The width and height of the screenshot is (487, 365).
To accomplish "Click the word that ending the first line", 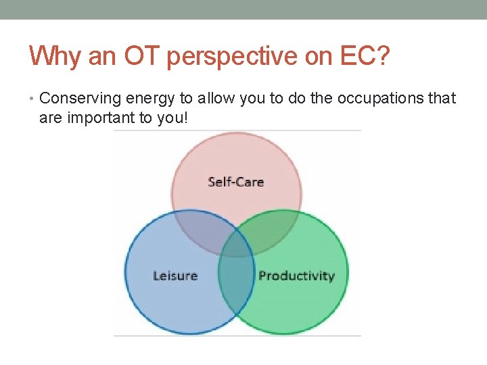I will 443,99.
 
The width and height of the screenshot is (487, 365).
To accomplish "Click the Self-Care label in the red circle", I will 235,182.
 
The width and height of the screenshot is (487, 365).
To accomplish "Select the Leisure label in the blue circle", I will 175,276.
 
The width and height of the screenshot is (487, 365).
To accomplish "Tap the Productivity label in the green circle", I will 296,276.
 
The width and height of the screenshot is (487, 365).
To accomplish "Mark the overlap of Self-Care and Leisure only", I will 200,226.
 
